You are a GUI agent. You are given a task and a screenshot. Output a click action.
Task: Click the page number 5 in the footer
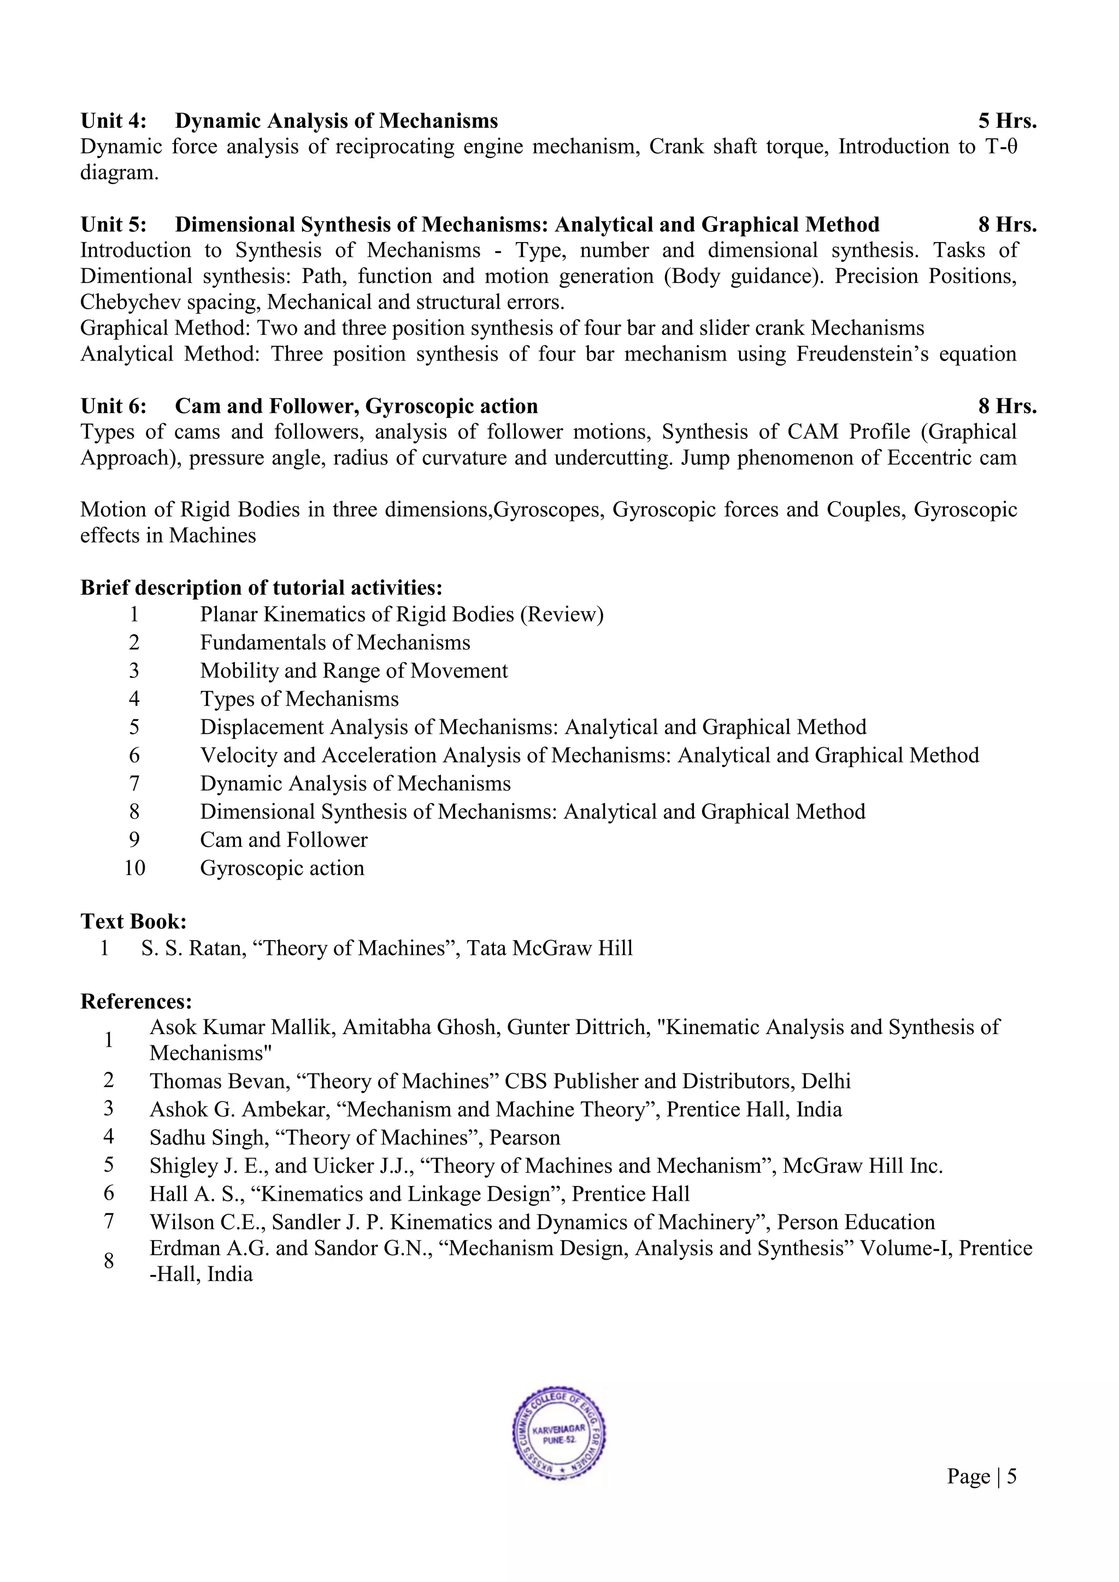tap(1011, 1476)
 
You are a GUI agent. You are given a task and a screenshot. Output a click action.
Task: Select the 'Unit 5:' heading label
tap(114, 225)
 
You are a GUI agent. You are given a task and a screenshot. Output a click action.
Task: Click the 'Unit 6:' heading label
tap(114, 406)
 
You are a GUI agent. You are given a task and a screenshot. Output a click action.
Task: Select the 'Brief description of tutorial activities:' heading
tap(261, 588)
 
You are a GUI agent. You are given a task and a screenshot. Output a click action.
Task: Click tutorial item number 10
tap(134, 868)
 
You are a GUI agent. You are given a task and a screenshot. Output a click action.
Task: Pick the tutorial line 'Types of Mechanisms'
tap(299, 699)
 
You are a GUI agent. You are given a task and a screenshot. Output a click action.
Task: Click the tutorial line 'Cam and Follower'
tap(284, 840)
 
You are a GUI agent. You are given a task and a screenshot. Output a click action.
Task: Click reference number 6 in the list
tap(109, 1194)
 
